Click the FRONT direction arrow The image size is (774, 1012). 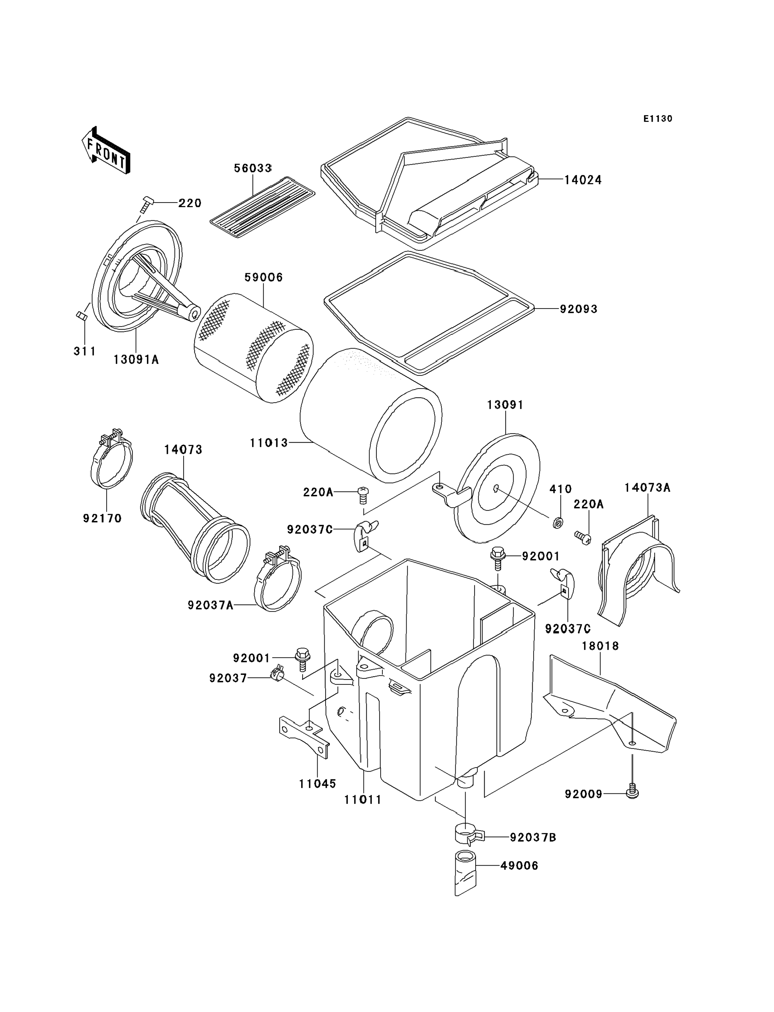click(x=106, y=151)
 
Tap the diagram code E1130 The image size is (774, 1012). click(x=658, y=119)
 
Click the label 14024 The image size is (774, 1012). click(x=583, y=180)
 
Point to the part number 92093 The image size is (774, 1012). click(x=579, y=309)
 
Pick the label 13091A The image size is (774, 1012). click(x=136, y=360)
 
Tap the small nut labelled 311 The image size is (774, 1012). click(x=81, y=316)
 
